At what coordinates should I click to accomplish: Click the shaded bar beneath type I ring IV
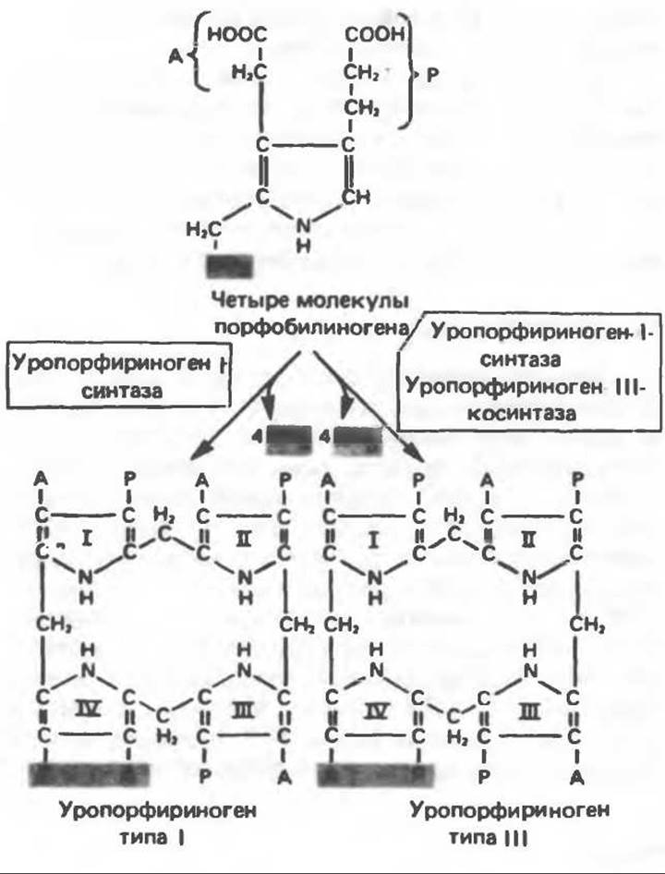pyautogui.click(x=89, y=773)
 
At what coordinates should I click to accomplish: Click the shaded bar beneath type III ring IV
pyautogui.click(x=375, y=773)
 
